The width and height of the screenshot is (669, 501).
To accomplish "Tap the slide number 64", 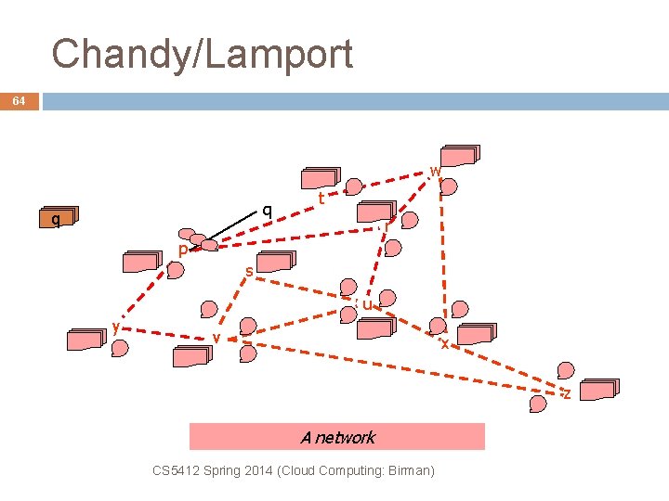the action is [x=20, y=101].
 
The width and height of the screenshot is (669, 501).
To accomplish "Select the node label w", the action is [x=435, y=171].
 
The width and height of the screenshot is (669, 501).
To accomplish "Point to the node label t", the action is [x=321, y=198].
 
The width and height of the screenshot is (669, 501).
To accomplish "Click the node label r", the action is [x=386, y=225].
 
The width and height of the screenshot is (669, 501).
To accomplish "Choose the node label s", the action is [x=249, y=272].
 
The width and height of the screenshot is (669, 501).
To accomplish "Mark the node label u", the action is [x=367, y=303].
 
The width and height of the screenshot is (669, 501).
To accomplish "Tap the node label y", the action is [x=115, y=326].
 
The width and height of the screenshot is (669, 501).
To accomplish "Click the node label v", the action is [x=216, y=337].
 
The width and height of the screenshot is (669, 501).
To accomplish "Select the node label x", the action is [x=444, y=343].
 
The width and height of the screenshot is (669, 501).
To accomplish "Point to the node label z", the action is [x=566, y=394].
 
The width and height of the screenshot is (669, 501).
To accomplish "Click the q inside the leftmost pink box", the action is [x=57, y=219].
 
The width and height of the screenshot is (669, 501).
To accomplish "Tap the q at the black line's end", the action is [x=267, y=210].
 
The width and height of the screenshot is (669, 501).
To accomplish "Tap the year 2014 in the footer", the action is [x=255, y=470].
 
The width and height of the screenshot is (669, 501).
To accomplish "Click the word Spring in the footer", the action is [x=219, y=470].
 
